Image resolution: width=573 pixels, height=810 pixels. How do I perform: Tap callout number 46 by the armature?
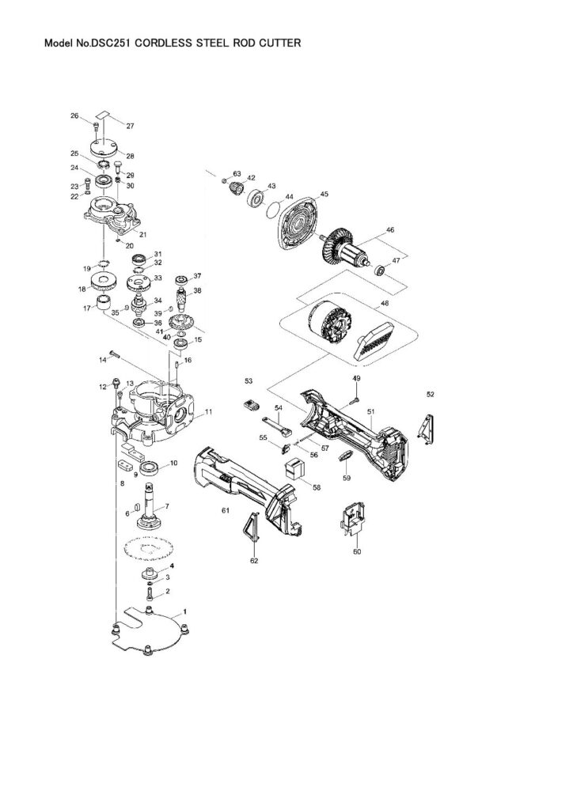[389, 230]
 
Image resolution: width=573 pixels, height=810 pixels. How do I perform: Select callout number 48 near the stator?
[385, 304]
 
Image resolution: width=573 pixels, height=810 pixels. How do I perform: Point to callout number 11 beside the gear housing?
[208, 411]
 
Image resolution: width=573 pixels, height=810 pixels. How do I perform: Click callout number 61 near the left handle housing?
[226, 510]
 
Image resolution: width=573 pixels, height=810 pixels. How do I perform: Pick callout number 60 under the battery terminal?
[357, 551]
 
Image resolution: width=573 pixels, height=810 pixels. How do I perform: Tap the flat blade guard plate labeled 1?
[149, 629]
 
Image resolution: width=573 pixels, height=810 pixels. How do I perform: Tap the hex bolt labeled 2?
[150, 593]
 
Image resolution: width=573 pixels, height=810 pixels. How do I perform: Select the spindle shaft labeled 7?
[150, 507]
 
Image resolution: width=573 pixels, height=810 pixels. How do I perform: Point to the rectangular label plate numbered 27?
[105, 115]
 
